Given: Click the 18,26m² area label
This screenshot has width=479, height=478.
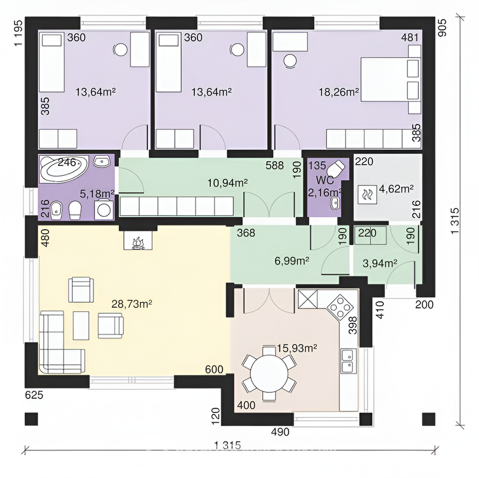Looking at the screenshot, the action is click(338, 92).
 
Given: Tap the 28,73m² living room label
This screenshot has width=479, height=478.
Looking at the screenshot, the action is click(132, 304).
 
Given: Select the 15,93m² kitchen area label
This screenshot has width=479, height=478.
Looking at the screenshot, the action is click(297, 348).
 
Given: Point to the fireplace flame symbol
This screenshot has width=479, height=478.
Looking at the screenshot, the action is click(138, 243).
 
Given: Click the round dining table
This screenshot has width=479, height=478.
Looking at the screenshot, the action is click(269, 373).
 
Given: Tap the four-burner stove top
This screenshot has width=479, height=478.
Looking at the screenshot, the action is click(340, 307).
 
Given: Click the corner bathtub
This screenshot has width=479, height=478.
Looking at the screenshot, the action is click(64, 168).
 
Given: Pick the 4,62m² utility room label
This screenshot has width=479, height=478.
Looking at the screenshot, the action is click(396, 189).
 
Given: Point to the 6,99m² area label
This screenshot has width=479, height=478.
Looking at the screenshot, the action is click(292, 261).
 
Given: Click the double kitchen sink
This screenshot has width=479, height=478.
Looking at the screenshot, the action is click(349, 361).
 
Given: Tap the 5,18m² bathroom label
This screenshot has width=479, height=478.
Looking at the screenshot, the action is click(97, 194).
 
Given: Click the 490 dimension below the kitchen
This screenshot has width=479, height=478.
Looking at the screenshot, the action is click(280, 432).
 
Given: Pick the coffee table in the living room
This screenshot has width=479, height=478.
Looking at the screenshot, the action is click(81, 325).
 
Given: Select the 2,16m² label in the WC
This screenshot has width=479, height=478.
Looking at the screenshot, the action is click(324, 192).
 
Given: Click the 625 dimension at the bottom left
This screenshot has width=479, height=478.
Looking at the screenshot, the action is click(34, 395).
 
